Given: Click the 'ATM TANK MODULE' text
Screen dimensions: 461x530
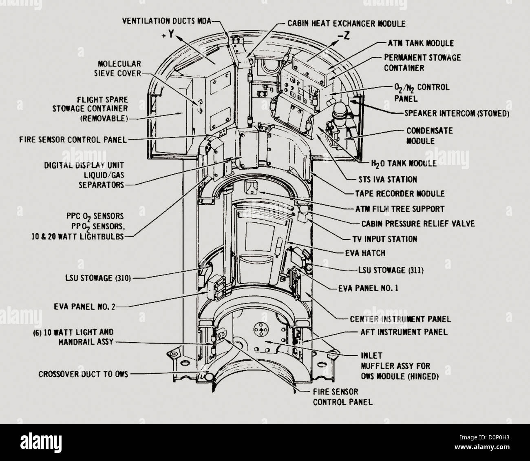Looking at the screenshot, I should [x=420, y=43].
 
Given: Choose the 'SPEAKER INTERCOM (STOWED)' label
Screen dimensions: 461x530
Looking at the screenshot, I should [x=457, y=113].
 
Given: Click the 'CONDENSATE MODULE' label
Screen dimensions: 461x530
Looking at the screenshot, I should [x=429, y=136].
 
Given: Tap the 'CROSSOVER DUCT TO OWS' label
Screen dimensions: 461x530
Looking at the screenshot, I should [x=83, y=374].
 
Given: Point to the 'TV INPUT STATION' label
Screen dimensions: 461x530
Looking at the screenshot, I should [x=385, y=239].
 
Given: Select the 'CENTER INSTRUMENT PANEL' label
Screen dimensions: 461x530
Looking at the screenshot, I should [x=400, y=318].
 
